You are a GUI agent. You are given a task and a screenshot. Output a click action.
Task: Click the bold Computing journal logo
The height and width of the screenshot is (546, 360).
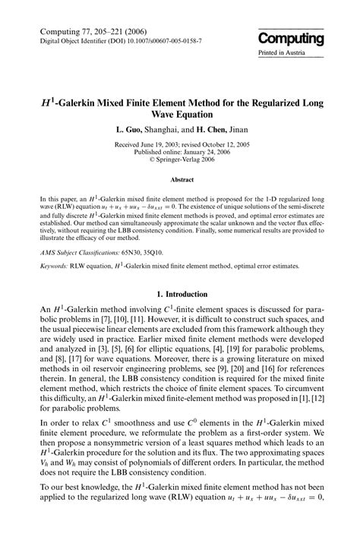pos(290,39)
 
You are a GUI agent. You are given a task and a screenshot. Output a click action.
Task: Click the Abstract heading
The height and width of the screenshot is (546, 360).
pos(180,181)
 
